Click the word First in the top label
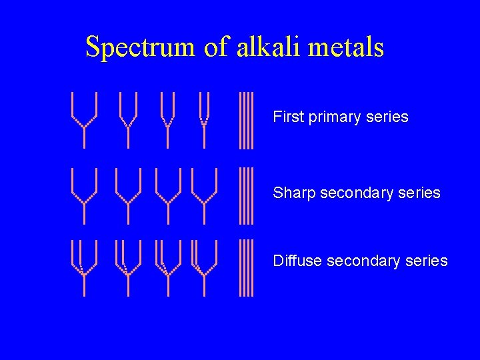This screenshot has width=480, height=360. (288, 117)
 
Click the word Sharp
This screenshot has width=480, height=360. (294, 193)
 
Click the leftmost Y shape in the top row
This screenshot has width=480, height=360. (84, 120)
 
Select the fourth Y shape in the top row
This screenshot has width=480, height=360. (205, 120)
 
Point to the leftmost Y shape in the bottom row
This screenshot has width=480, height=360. (84, 267)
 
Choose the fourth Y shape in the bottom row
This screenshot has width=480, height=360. (205, 267)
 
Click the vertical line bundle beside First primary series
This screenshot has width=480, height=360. (247, 120)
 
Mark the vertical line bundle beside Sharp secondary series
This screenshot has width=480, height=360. (247, 195)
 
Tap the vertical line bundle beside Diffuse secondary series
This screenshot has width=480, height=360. (247, 267)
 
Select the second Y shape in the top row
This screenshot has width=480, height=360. (128, 120)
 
